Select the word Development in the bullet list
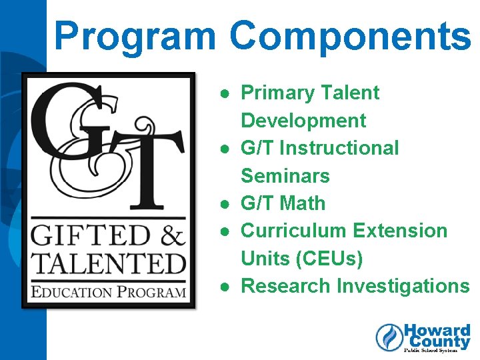click(303, 121)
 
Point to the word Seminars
click(285, 176)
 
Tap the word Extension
click(400, 231)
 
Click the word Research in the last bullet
click(285, 286)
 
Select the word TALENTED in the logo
click(109, 263)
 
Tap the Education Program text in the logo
click(109, 291)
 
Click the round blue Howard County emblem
click(389, 337)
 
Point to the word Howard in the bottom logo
click(437, 331)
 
